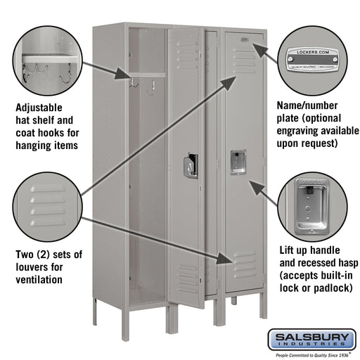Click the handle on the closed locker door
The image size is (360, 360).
point(238,162)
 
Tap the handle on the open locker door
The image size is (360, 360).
point(190,166)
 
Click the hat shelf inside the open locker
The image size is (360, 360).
point(146,75)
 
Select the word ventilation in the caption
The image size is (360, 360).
point(39,279)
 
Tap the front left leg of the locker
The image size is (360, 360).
point(96,309)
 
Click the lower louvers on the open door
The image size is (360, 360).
point(188,278)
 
